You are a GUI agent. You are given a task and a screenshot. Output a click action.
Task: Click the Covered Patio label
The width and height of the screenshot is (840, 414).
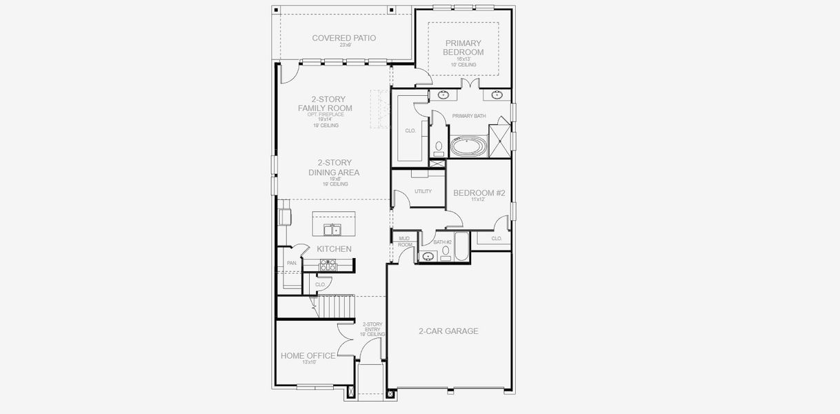(343, 38)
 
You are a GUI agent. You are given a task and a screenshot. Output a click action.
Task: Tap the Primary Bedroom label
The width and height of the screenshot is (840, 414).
(463, 48)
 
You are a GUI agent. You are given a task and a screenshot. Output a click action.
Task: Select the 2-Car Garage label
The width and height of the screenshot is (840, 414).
(448, 331)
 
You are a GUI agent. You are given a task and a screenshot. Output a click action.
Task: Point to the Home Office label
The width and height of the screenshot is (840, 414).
(308, 356)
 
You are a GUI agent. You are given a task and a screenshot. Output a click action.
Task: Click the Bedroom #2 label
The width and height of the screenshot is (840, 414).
(479, 194)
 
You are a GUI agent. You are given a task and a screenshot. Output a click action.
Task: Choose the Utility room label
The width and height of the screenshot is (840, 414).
(423, 191)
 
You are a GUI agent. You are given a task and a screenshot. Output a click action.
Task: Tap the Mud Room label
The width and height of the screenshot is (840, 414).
(405, 241)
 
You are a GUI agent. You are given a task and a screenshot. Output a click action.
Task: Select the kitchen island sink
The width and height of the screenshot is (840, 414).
(333, 230)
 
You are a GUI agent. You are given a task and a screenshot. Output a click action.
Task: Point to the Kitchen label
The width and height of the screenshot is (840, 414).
(334, 249)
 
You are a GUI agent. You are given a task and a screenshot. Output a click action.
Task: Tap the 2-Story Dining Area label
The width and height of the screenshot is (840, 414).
(334, 168)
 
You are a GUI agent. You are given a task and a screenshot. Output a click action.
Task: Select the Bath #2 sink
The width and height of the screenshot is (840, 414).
(428, 257)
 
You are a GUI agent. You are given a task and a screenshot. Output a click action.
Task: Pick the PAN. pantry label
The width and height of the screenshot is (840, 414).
(292, 263)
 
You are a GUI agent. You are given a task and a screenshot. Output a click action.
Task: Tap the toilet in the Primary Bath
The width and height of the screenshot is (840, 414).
(439, 148)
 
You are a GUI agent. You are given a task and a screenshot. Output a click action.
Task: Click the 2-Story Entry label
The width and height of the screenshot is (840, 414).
(372, 328)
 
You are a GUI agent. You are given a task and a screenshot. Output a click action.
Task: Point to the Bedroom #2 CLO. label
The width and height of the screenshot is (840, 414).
(496, 239)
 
